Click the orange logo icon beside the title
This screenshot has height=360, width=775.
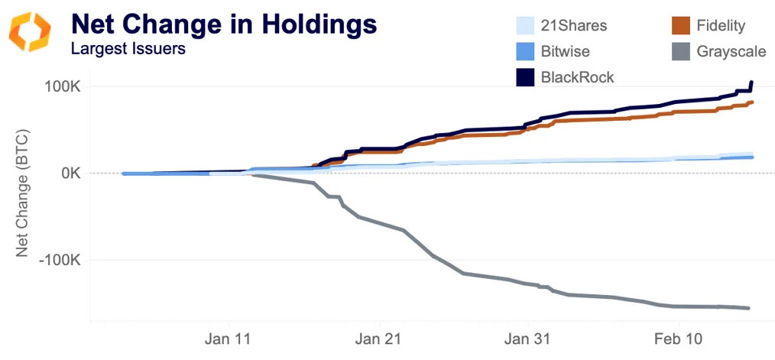[30, 30]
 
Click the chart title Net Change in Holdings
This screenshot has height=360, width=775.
[224, 24]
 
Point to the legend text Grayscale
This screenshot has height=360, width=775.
[728, 52]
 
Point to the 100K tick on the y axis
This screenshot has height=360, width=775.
[60, 86]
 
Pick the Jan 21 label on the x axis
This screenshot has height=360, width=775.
[379, 337]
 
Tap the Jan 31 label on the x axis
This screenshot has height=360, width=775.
[528, 337]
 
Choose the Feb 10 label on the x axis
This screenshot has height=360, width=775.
[677, 337]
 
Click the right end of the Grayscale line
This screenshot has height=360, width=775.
[748, 308]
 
